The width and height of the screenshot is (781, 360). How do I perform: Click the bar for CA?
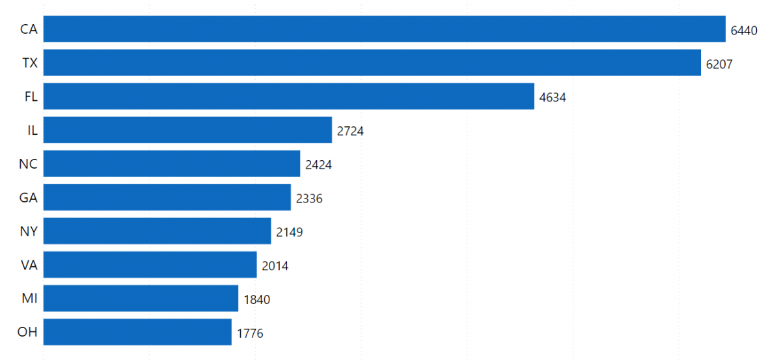384,29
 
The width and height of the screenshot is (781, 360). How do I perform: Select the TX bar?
372,63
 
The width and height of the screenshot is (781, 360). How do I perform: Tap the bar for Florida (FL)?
288,97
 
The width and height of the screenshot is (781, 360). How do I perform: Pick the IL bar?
187,130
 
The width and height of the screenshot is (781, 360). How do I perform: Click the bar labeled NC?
171,164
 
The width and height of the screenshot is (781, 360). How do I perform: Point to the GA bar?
167,198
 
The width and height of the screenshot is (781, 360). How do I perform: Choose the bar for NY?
157,231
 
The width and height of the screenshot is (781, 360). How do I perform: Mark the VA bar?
150,265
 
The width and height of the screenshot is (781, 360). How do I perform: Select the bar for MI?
141,299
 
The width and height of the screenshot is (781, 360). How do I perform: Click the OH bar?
137,332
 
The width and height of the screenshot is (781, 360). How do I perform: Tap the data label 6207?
719,64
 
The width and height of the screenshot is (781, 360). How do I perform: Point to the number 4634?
553,98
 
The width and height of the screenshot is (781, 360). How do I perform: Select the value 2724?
350,132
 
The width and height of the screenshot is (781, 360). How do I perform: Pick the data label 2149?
289,232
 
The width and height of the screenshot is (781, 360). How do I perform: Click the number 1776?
250,333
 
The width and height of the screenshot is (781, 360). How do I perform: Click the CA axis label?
29,30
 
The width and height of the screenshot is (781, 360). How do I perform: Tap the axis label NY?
28,232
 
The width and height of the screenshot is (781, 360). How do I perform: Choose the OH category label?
27,333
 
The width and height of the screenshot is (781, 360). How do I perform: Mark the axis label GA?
28,198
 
